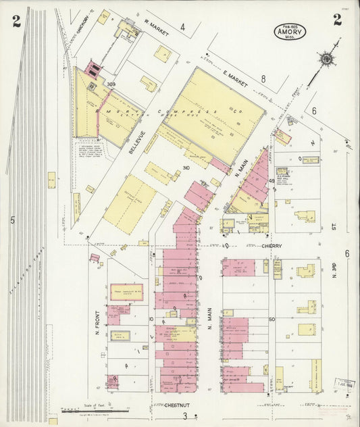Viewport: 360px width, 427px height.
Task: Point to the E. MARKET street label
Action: click(236, 79)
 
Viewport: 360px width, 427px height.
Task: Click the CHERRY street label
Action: click(272, 247)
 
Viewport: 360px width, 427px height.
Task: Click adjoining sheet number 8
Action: click(263, 78)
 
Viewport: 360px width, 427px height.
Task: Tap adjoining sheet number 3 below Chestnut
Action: click(184, 416)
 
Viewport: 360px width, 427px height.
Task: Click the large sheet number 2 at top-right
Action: click(336, 20)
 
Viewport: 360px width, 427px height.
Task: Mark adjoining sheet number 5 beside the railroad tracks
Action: click(11, 219)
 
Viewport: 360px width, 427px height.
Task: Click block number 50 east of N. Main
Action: click(272, 319)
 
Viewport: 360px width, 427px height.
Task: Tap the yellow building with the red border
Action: click(126, 292)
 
